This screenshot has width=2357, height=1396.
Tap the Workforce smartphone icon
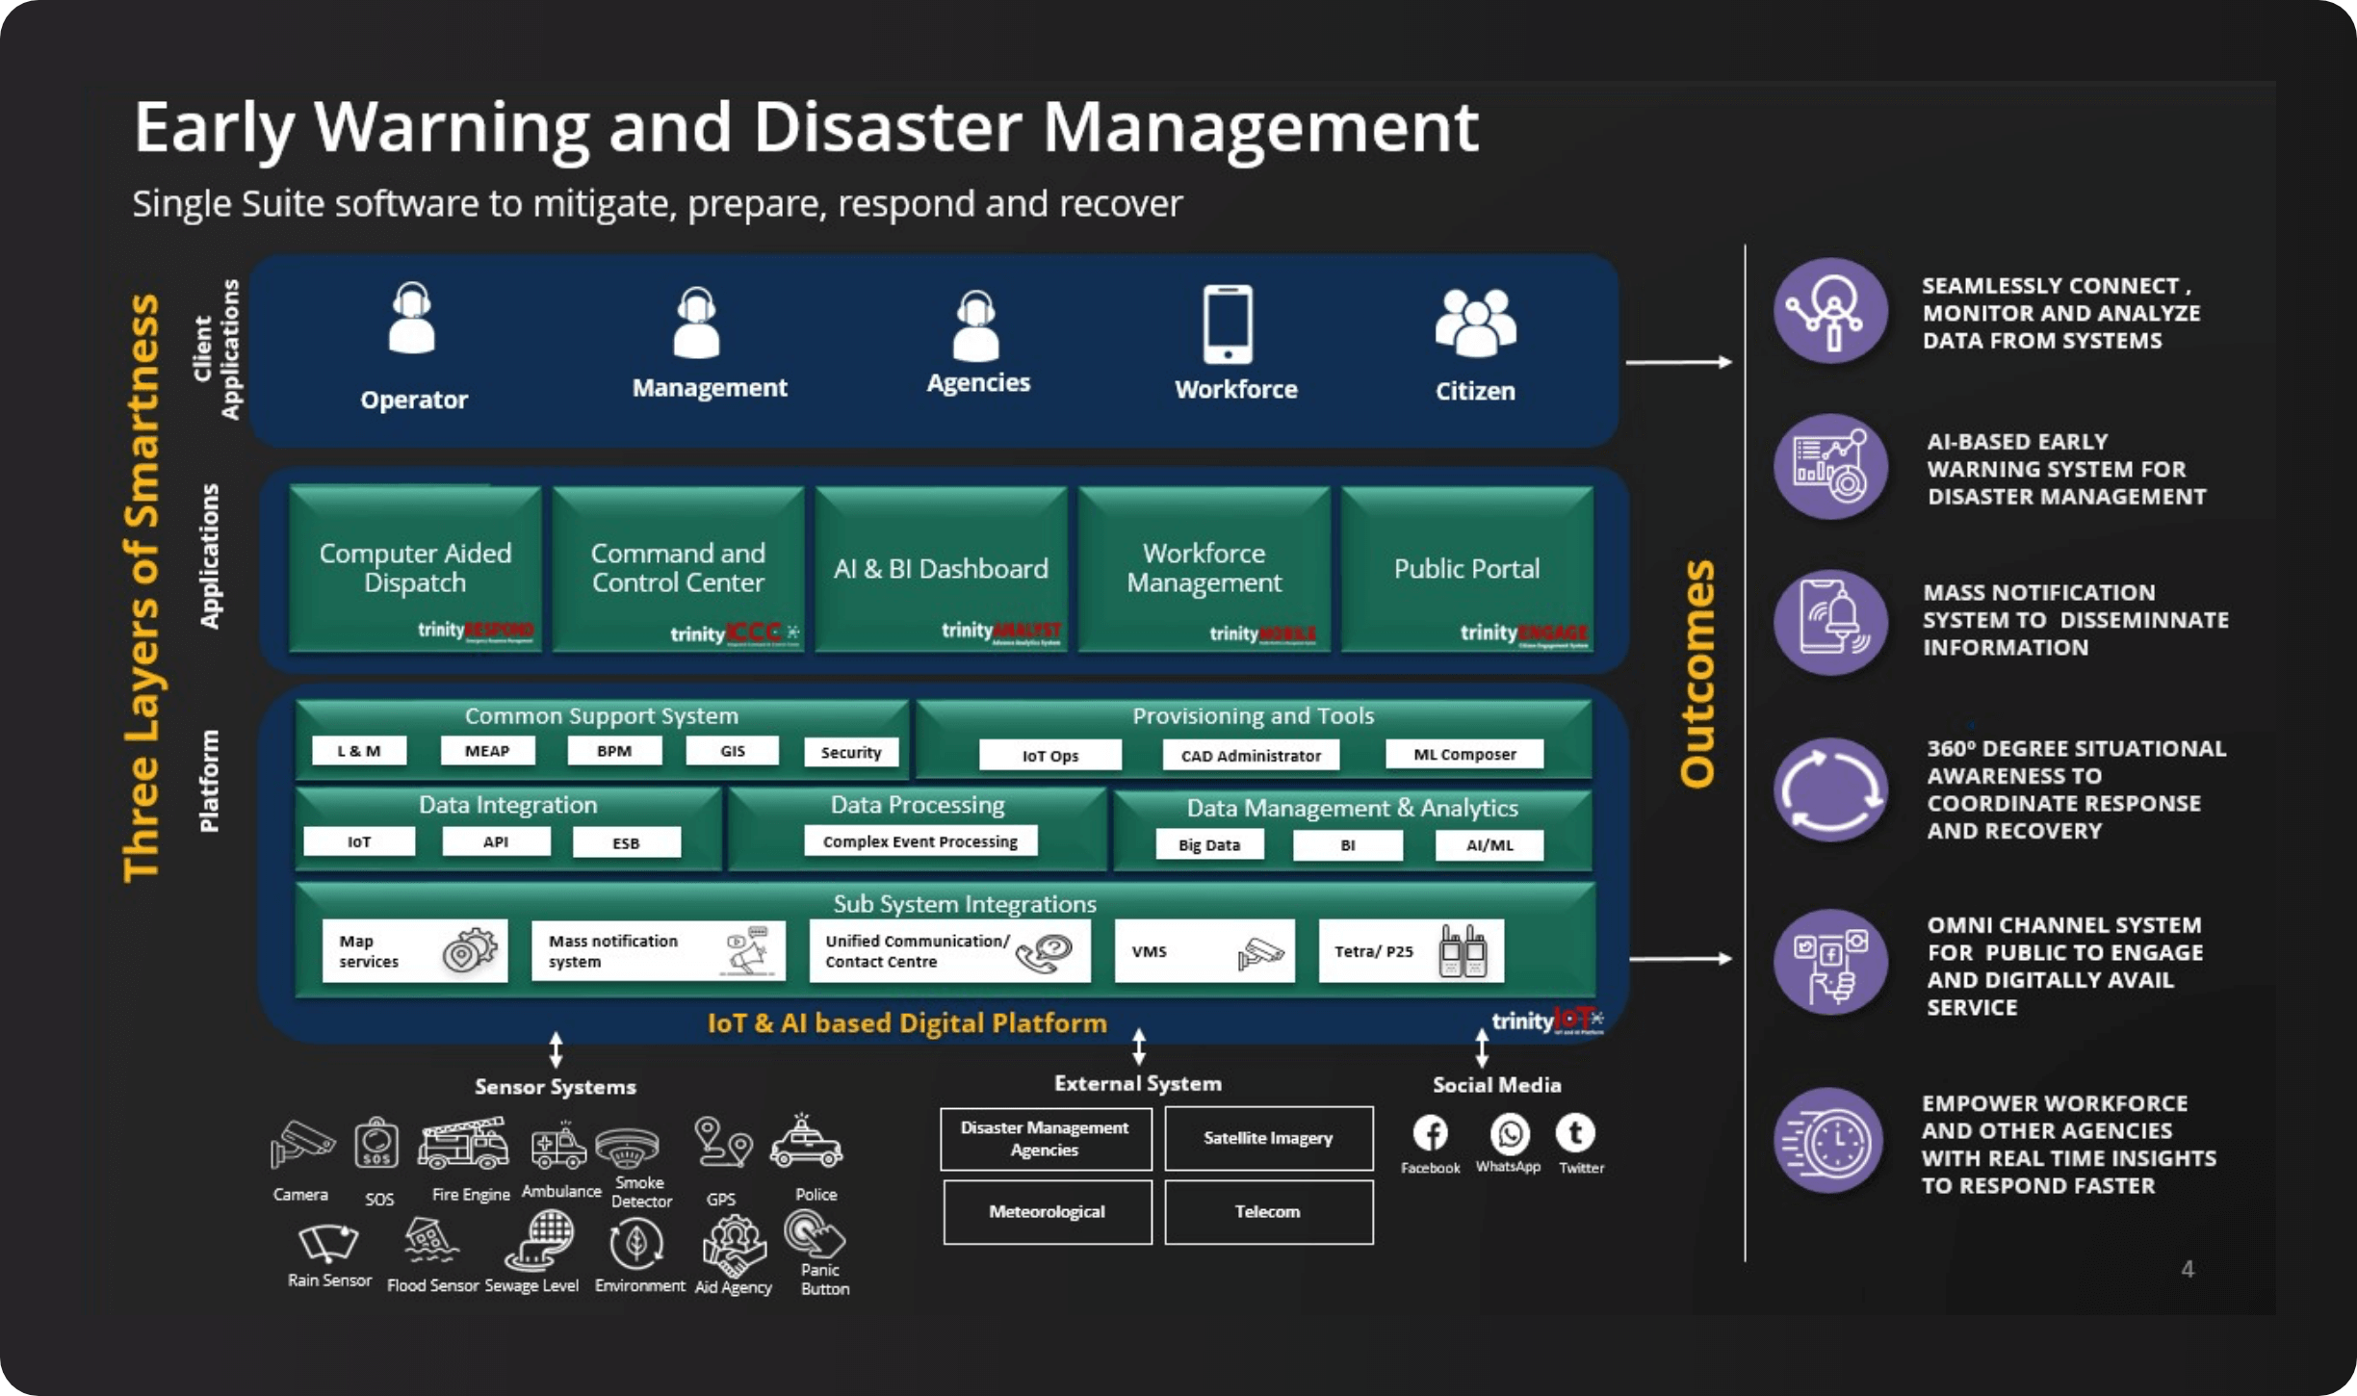coord(1228,324)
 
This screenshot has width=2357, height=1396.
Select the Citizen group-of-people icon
coord(1475,323)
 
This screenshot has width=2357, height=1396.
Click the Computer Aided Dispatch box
coord(415,569)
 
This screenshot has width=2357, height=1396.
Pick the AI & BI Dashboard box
coord(941,569)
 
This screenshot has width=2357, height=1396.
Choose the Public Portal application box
coord(1466,569)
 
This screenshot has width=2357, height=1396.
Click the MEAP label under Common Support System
coord(487,751)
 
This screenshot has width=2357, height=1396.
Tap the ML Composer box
coord(1464,755)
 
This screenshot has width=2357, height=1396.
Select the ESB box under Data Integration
coord(626,842)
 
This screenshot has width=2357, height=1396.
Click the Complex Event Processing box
coord(920,841)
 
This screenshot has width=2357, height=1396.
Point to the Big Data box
coord(1209,845)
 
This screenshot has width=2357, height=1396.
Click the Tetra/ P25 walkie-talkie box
coord(1411,951)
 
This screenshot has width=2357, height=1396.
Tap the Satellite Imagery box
coord(1268,1138)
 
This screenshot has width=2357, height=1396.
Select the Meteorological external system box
coord(1047,1212)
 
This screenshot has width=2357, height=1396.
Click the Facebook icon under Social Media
coord(1431,1134)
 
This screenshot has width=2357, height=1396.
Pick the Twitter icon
coord(1575,1133)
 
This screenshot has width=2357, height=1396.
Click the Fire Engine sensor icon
coord(463,1145)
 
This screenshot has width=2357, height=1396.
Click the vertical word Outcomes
coord(1697,673)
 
